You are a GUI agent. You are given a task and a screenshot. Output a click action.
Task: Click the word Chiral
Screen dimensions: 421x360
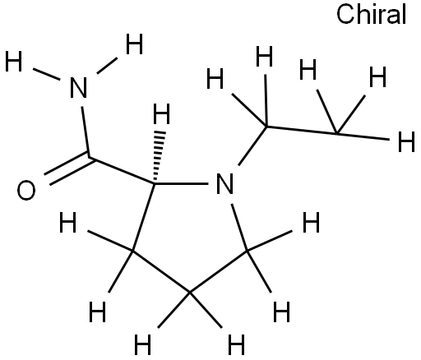tap(372, 15)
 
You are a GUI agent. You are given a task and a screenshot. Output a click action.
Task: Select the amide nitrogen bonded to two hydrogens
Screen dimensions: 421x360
tap(78, 87)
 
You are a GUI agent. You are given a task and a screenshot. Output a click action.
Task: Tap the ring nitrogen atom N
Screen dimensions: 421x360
tap(224, 183)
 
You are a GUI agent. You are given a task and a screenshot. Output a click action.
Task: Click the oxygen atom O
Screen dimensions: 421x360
tap(26, 190)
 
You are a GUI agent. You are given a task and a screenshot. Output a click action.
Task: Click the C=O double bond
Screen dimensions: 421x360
tap(69, 168)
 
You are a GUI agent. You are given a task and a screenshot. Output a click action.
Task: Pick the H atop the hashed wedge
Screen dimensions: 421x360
tap(161, 113)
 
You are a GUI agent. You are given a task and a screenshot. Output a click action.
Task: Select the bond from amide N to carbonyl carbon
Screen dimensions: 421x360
tap(86, 132)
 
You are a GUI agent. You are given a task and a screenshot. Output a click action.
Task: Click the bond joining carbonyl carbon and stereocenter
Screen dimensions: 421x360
tap(122, 170)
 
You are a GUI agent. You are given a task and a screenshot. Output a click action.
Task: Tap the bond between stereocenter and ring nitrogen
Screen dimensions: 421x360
tap(182, 183)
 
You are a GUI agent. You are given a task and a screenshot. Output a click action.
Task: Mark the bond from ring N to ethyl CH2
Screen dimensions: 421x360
tap(252, 146)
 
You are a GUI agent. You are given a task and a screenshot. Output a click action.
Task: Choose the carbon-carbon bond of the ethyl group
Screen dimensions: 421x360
tap(302, 130)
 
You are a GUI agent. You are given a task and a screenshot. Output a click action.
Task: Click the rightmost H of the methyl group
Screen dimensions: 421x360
tap(406, 141)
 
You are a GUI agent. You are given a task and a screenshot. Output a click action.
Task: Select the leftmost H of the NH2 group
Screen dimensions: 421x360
tap(13, 62)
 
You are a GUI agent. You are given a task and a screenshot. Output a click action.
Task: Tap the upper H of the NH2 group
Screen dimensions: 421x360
tap(134, 44)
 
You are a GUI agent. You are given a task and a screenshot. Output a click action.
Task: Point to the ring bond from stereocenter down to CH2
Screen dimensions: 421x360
tap(143, 217)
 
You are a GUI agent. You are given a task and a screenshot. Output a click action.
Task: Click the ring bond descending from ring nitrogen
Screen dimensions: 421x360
tap(239, 228)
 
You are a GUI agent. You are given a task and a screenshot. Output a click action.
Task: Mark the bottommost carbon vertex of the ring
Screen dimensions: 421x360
tap(190, 293)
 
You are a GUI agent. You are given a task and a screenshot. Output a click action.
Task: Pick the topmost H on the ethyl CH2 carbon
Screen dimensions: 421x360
tap(264, 56)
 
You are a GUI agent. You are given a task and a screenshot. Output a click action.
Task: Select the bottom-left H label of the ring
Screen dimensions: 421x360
tap(97, 312)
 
